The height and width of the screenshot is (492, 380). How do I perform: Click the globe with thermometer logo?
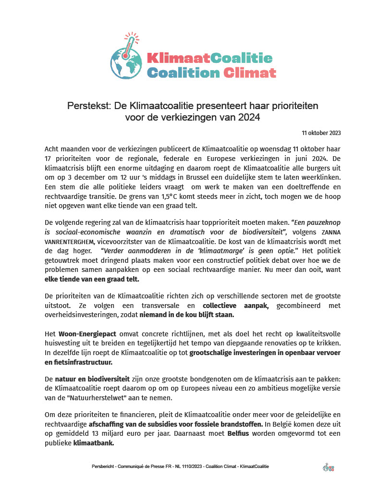pos(126,57)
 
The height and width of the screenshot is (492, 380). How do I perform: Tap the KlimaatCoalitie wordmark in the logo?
pos(209,58)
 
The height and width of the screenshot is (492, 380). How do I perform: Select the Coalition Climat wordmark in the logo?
pos(211,73)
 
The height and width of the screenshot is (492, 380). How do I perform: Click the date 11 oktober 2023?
pos(321,133)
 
